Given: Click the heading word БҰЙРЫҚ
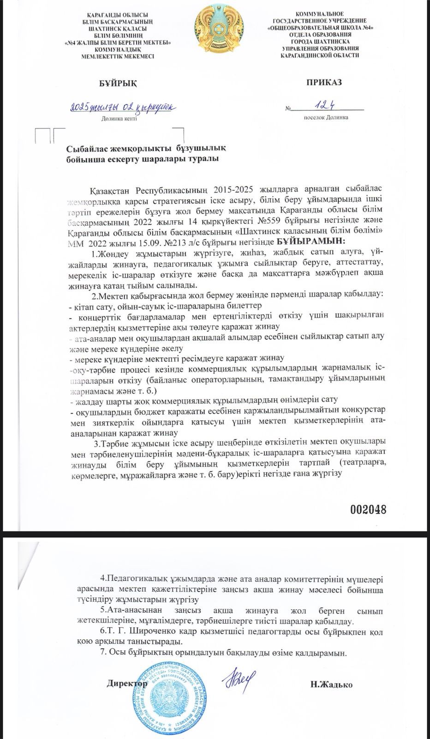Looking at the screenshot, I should coord(118,83).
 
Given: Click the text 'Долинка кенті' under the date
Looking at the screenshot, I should coord(119,119).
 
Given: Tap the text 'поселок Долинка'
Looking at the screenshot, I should coord(326,117).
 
